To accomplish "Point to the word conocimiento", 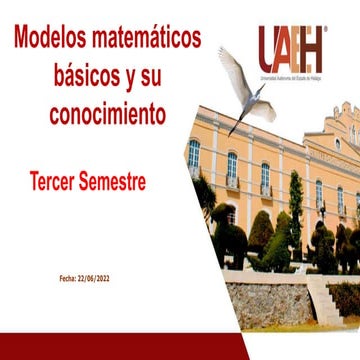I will (x=107, y=114).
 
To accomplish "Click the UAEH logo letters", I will (x=290, y=46).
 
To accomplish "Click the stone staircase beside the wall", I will (x=325, y=295).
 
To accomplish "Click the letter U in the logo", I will (x=267, y=46).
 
